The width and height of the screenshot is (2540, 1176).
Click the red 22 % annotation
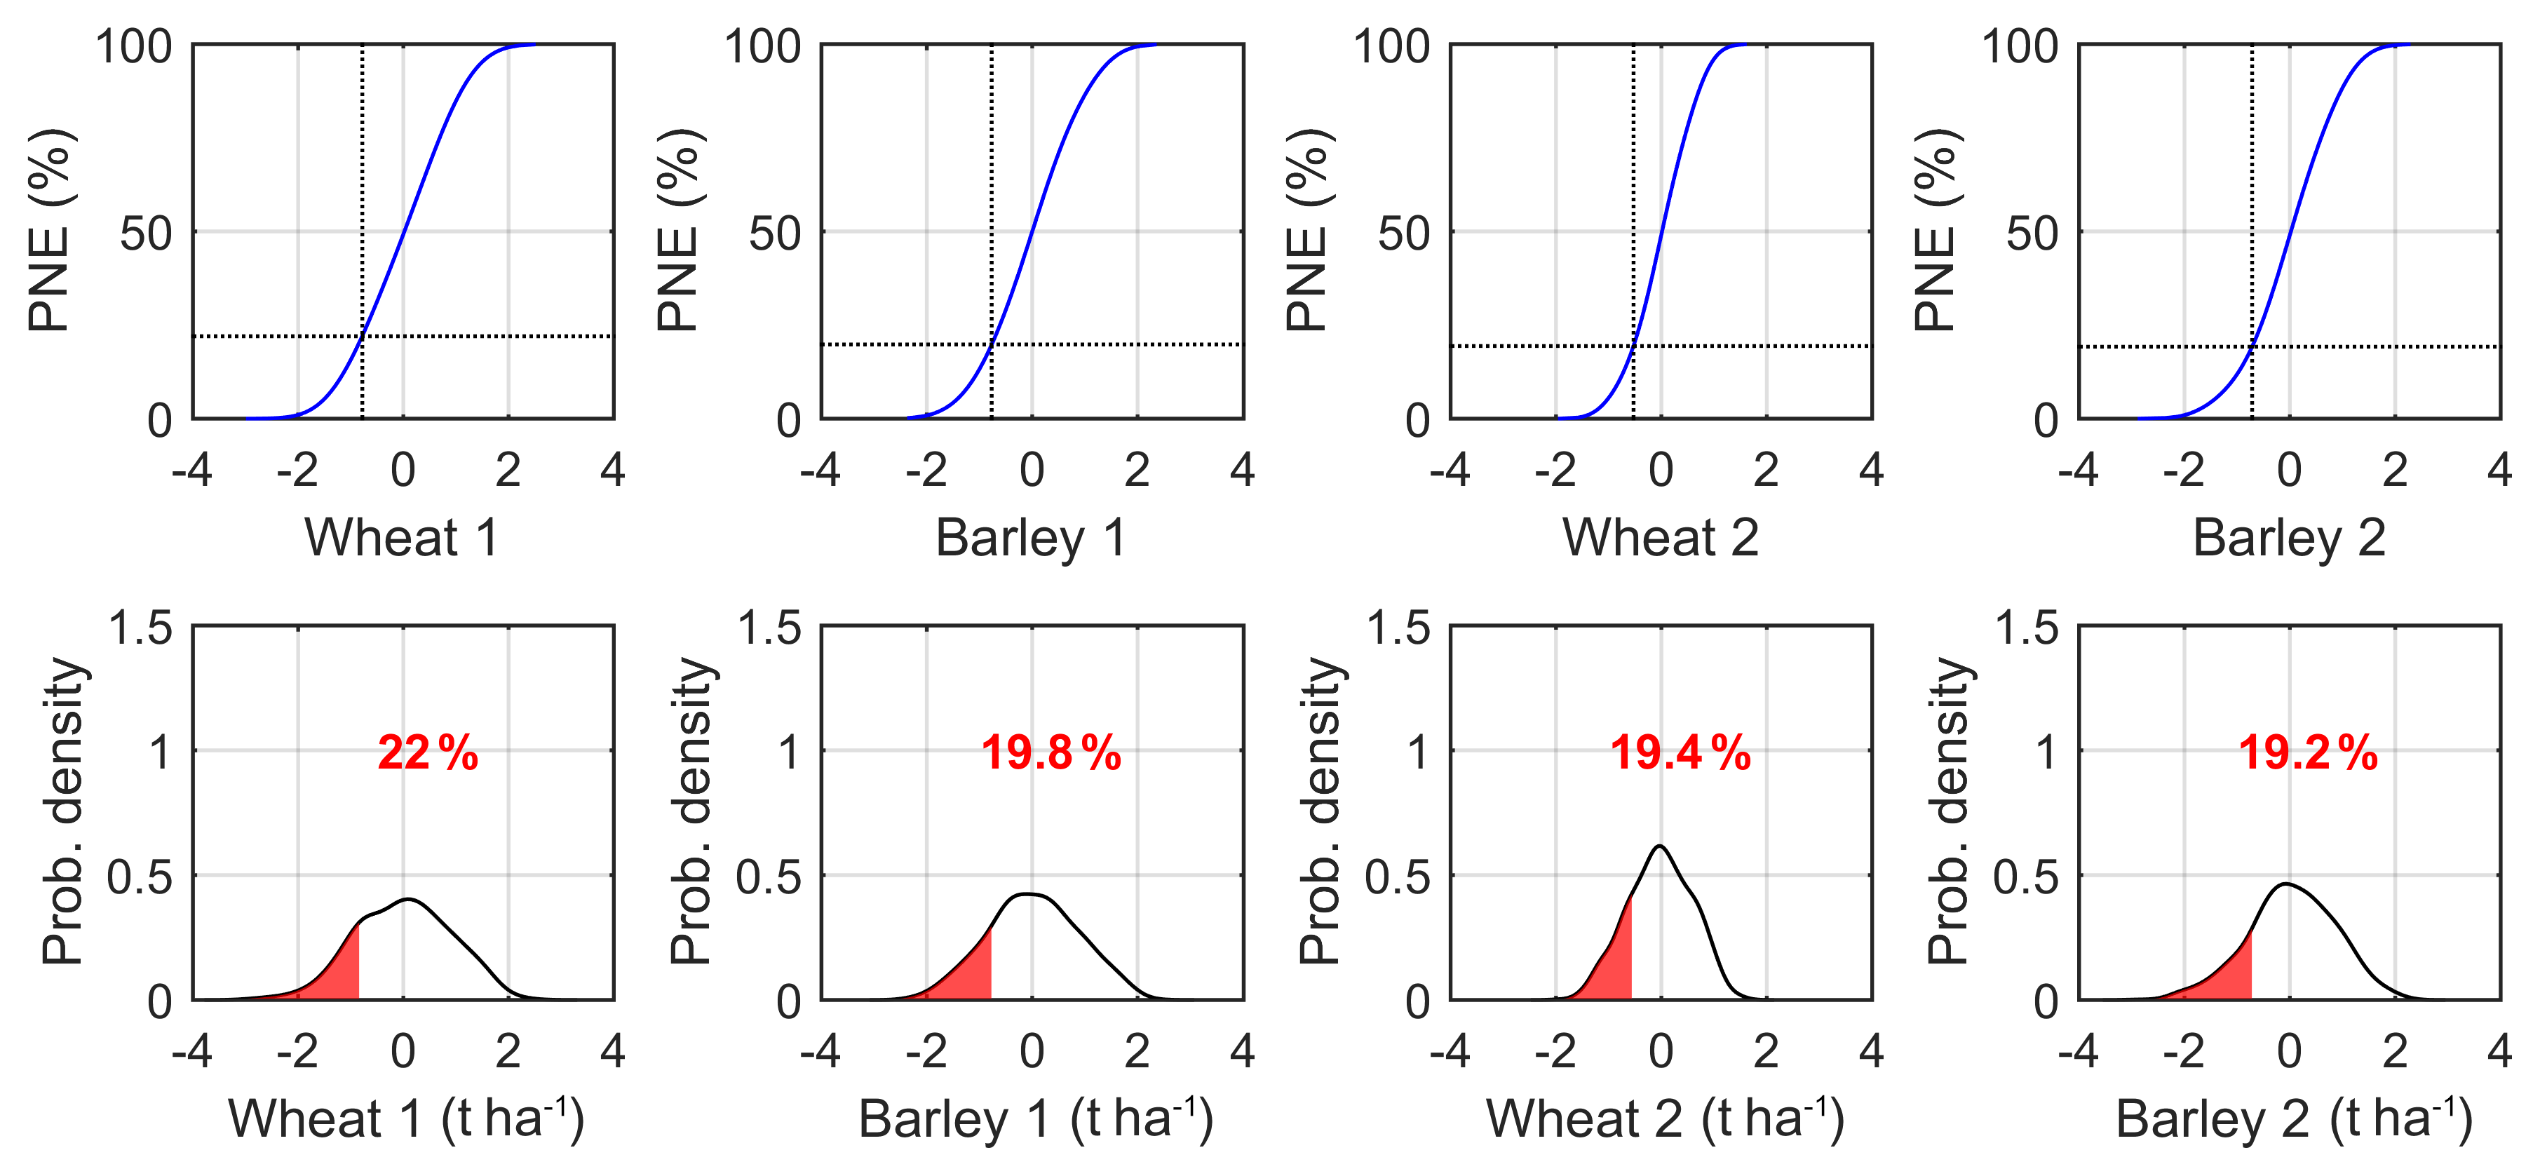point(427,753)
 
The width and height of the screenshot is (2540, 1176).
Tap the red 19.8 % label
point(1051,753)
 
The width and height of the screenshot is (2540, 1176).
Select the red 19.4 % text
point(1680,753)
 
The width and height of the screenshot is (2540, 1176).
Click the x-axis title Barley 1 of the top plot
point(1030,539)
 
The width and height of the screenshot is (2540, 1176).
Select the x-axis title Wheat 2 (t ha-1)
point(1664,1118)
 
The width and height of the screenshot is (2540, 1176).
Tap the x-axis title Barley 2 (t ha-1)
point(2293,1118)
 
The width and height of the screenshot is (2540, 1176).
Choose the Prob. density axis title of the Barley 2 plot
point(1947,810)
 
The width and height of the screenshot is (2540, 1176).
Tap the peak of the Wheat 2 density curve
point(1661,846)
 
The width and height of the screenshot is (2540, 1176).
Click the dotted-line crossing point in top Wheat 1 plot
point(362,336)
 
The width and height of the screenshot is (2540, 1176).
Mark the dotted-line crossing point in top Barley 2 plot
point(2251,346)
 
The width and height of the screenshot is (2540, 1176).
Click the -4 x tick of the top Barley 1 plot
point(820,471)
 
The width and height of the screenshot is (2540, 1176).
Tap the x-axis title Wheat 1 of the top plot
point(403,539)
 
